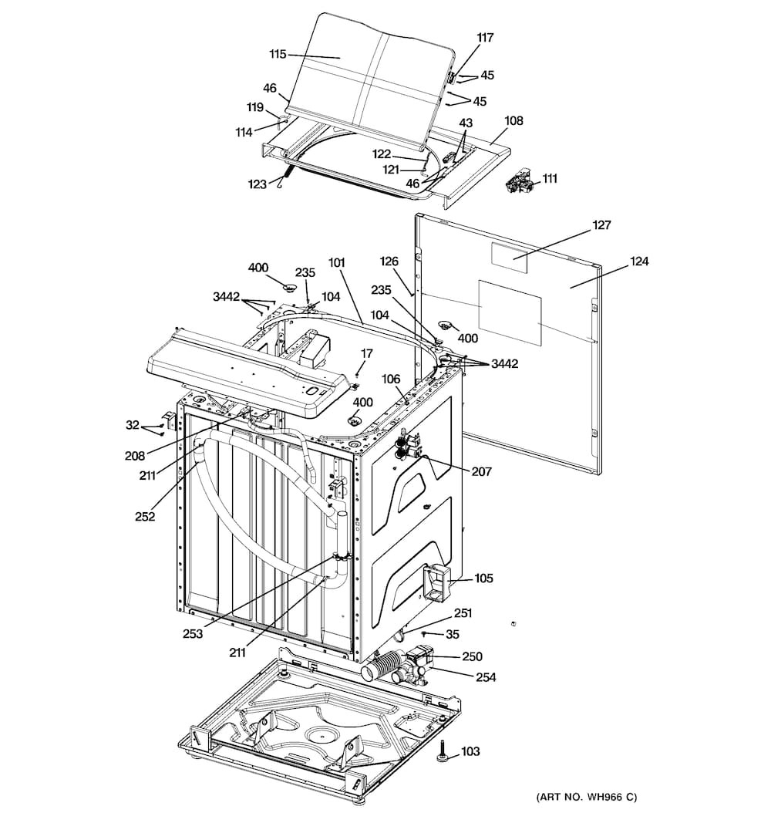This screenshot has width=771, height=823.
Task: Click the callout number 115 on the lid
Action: (x=278, y=53)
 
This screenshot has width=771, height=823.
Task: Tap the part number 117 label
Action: (x=485, y=37)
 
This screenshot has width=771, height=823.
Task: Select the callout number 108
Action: (x=513, y=120)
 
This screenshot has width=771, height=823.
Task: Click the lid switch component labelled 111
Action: (x=519, y=182)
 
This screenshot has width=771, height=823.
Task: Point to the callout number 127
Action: (x=601, y=224)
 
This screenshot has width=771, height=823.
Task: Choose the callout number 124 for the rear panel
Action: (x=639, y=261)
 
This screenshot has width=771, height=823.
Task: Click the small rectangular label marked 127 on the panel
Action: (x=509, y=258)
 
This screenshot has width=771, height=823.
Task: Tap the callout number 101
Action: (x=337, y=262)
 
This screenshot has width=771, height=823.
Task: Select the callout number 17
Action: (x=367, y=353)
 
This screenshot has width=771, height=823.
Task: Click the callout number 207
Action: (x=481, y=471)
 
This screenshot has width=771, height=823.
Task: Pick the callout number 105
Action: (x=483, y=578)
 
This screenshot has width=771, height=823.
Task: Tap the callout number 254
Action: (x=486, y=677)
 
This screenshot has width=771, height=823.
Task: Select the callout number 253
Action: (x=193, y=633)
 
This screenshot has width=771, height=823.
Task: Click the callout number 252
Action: (x=145, y=516)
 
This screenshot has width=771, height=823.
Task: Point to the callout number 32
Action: (x=133, y=425)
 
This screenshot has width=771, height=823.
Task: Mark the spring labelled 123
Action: (x=286, y=175)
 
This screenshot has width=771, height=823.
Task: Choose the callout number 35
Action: (x=452, y=634)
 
